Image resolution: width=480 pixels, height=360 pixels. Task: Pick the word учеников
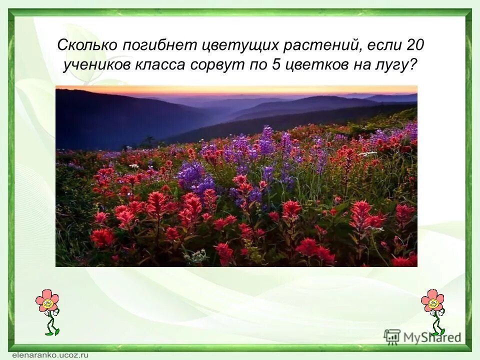point(94,65)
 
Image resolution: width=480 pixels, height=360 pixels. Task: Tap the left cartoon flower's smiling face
point(47,302)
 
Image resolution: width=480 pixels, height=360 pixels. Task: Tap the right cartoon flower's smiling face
point(433,302)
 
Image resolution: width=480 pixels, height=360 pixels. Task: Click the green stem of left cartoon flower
point(50,322)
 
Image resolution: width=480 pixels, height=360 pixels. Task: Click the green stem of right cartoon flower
point(436,322)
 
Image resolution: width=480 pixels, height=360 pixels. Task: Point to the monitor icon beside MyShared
point(392,336)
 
